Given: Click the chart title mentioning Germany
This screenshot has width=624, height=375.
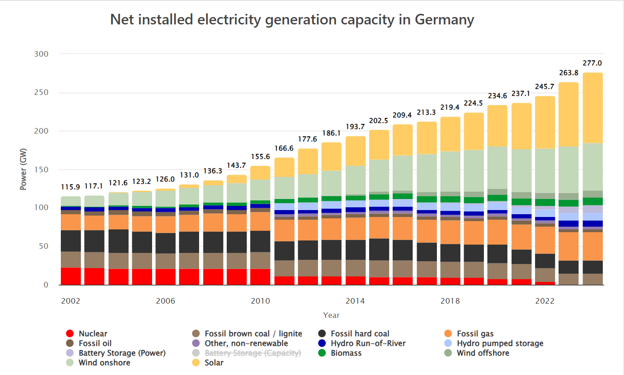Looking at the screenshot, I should (292, 20).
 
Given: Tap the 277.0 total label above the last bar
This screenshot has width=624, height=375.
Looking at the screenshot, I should (592, 63).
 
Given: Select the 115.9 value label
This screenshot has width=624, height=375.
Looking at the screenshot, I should (71, 187).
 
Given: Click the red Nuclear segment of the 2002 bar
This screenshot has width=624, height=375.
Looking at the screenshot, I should (71, 276).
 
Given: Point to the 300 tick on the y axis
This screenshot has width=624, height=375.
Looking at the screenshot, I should (41, 54).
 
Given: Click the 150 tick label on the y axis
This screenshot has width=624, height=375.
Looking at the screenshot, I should (41, 170).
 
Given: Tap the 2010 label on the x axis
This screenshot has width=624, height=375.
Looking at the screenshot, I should (260, 301).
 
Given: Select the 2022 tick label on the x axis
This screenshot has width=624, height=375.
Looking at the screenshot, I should (545, 301).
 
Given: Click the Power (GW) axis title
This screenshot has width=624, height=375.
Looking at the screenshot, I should (23, 169).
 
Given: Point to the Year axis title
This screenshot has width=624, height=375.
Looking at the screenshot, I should (331, 315).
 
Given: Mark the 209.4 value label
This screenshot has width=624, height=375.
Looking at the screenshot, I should (402, 115).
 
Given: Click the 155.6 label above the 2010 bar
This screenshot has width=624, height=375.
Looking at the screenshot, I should (260, 157).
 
